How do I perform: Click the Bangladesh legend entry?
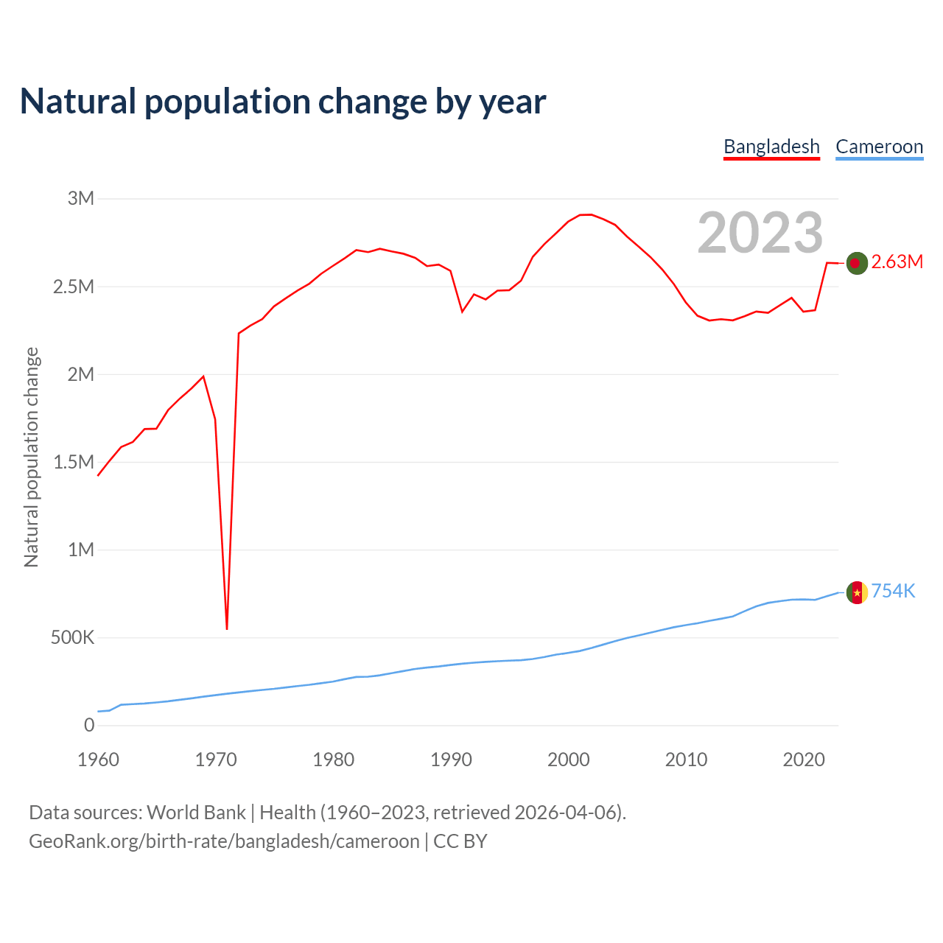[x=771, y=147]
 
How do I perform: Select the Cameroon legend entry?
[x=879, y=147]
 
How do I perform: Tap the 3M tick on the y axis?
[x=81, y=198]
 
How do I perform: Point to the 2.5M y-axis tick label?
[x=74, y=287]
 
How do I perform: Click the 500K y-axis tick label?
[x=72, y=637]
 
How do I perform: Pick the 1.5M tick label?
[x=74, y=462]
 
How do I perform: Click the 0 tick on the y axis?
[x=89, y=725]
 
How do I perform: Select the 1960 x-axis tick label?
[x=98, y=760]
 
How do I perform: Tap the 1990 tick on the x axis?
[x=451, y=760]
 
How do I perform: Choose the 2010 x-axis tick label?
[x=686, y=760]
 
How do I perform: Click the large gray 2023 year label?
[x=760, y=233]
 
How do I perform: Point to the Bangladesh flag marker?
[x=856, y=263]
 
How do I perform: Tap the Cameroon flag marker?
[x=856, y=592]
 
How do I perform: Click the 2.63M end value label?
[x=897, y=262]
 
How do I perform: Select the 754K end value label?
[x=893, y=592]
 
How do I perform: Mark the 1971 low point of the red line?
[x=227, y=628]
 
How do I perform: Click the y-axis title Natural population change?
[x=32, y=458]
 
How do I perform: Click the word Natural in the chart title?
[x=78, y=102]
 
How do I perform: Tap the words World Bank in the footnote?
[x=196, y=813]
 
